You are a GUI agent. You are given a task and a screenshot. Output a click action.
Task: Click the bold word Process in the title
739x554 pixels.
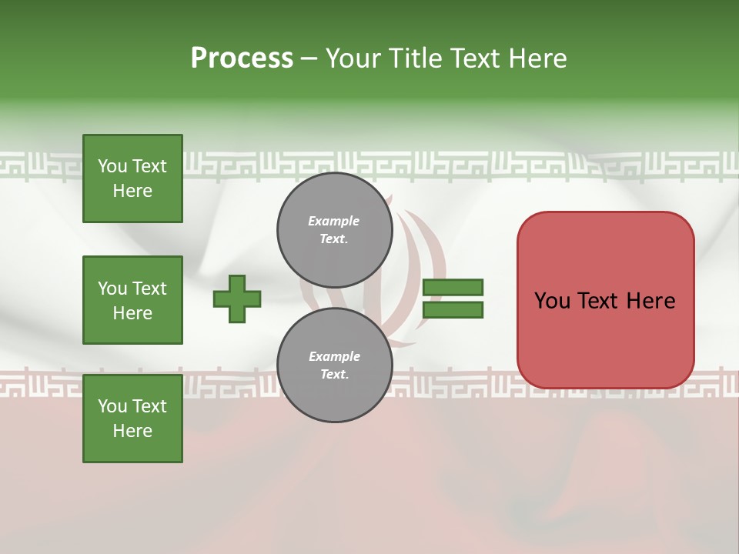pyautogui.click(x=242, y=58)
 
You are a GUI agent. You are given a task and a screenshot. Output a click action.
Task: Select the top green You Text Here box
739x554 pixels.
pyautogui.click(x=132, y=179)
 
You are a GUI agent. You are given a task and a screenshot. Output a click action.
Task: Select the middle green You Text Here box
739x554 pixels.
pyautogui.click(x=132, y=300)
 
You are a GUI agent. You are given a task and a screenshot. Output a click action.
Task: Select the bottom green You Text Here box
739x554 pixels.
pyautogui.click(x=132, y=418)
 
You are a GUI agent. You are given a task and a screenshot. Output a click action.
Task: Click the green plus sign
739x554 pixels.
pyautogui.click(x=236, y=299)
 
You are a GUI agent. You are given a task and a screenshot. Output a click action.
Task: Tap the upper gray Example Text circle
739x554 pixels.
pyautogui.click(x=334, y=229)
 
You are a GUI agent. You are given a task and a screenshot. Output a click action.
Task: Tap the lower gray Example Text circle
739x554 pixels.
pyautogui.click(x=334, y=365)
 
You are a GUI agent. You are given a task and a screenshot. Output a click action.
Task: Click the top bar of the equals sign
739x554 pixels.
pyautogui.click(x=453, y=287)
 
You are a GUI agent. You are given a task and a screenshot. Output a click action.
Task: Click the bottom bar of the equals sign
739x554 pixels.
pyautogui.click(x=453, y=310)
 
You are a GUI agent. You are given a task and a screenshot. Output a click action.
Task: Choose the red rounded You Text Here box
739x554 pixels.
pyautogui.click(x=605, y=300)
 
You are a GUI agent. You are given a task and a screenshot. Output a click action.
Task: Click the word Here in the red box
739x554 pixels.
pyautogui.click(x=650, y=300)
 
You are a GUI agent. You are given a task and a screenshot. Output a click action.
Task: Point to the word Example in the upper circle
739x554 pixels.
pyautogui.click(x=334, y=221)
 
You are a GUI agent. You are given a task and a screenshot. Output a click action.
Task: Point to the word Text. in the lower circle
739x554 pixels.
pyautogui.click(x=334, y=374)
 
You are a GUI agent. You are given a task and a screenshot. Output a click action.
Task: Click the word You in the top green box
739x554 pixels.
pyautogui.click(x=112, y=166)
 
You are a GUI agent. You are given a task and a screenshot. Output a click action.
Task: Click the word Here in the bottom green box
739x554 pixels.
pyautogui.click(x=132, y=431)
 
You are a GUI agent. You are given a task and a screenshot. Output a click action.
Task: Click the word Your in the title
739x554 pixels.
pyautogui.click(x=353, y=58)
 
